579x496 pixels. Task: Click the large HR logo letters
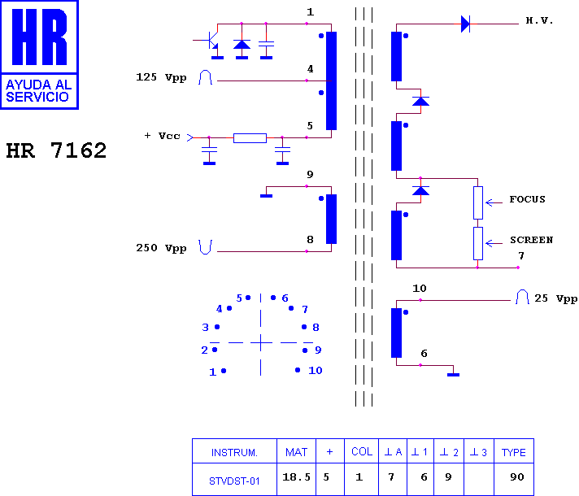click(x=40, y=37)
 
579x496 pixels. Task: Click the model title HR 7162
click(x=56, y=150)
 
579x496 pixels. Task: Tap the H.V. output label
click(x=539, y=20)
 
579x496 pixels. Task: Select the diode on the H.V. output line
click(x=466, y=24)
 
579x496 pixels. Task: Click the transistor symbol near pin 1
click(x=211, y=41)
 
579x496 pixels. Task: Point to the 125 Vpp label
click(x=161, y=77)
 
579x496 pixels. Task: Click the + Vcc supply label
click(x=162, y=136)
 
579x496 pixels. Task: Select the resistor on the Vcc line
click(x=250, y=138)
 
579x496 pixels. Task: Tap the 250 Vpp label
click(x=161, y=248)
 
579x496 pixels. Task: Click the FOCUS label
click(x=527, y=199)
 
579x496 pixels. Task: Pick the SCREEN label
click(x=531, y=240)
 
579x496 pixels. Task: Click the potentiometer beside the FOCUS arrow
click(x=478, y=202)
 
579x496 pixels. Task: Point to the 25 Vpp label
click(x=555, y=298)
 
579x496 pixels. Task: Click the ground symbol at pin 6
click(x=454, y=375)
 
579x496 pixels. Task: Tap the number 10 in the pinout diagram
click(x=316, y=371)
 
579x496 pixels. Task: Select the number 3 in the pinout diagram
click(x=205, y=327)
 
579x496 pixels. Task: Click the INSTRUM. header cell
click(x=234, y=452)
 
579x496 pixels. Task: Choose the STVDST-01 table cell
click(x=234, y=481)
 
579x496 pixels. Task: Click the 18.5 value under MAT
click(x=297, y=477)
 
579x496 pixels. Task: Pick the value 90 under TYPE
click(x=517, y=477)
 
